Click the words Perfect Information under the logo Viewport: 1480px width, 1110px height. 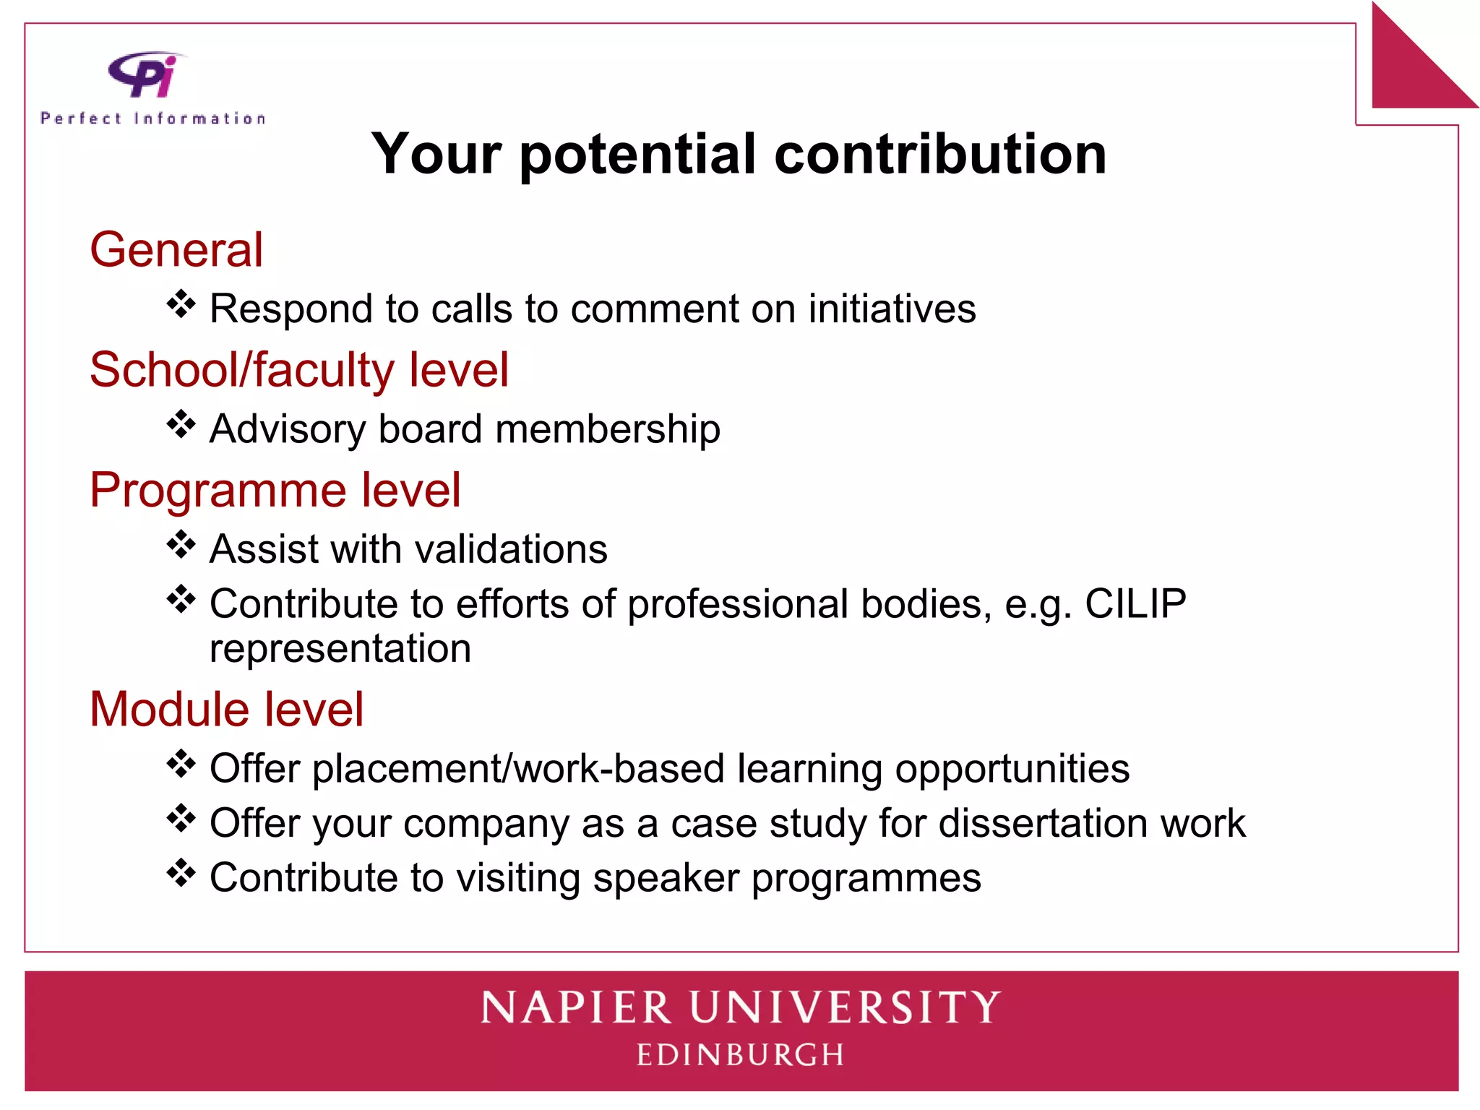click(153, 119)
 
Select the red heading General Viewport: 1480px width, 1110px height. click(176, 250)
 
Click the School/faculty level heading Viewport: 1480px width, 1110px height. click(299, 370)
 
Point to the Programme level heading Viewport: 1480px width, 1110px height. click(275, 490)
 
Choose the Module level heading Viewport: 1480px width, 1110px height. click(226, 709)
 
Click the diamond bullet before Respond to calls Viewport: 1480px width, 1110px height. click(181, 304)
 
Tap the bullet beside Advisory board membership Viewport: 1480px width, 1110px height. click(181, 424)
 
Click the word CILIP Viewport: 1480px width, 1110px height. click(1135, 603)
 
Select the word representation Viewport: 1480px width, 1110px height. click(340, 648)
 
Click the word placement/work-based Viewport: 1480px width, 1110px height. click(518, 768)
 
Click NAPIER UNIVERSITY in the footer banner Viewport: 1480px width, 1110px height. click(741, 1008)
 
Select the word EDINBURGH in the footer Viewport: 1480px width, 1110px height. click(741, 1055)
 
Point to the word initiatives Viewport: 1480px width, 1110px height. click(892, 309)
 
